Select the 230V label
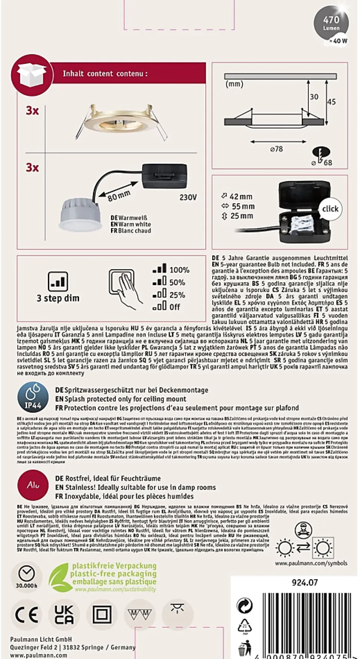coord(188,197)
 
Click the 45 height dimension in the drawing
coord(331,101)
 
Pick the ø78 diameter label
coord(276,149)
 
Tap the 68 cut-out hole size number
coord(328,163)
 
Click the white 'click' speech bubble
coord(330,209)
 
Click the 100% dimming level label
coord(179,270)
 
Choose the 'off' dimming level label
coord(174,307)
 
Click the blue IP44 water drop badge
coord(33,397)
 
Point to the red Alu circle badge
coord(33,485)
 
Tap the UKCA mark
coord(64,615)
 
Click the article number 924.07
coord(305,582)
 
